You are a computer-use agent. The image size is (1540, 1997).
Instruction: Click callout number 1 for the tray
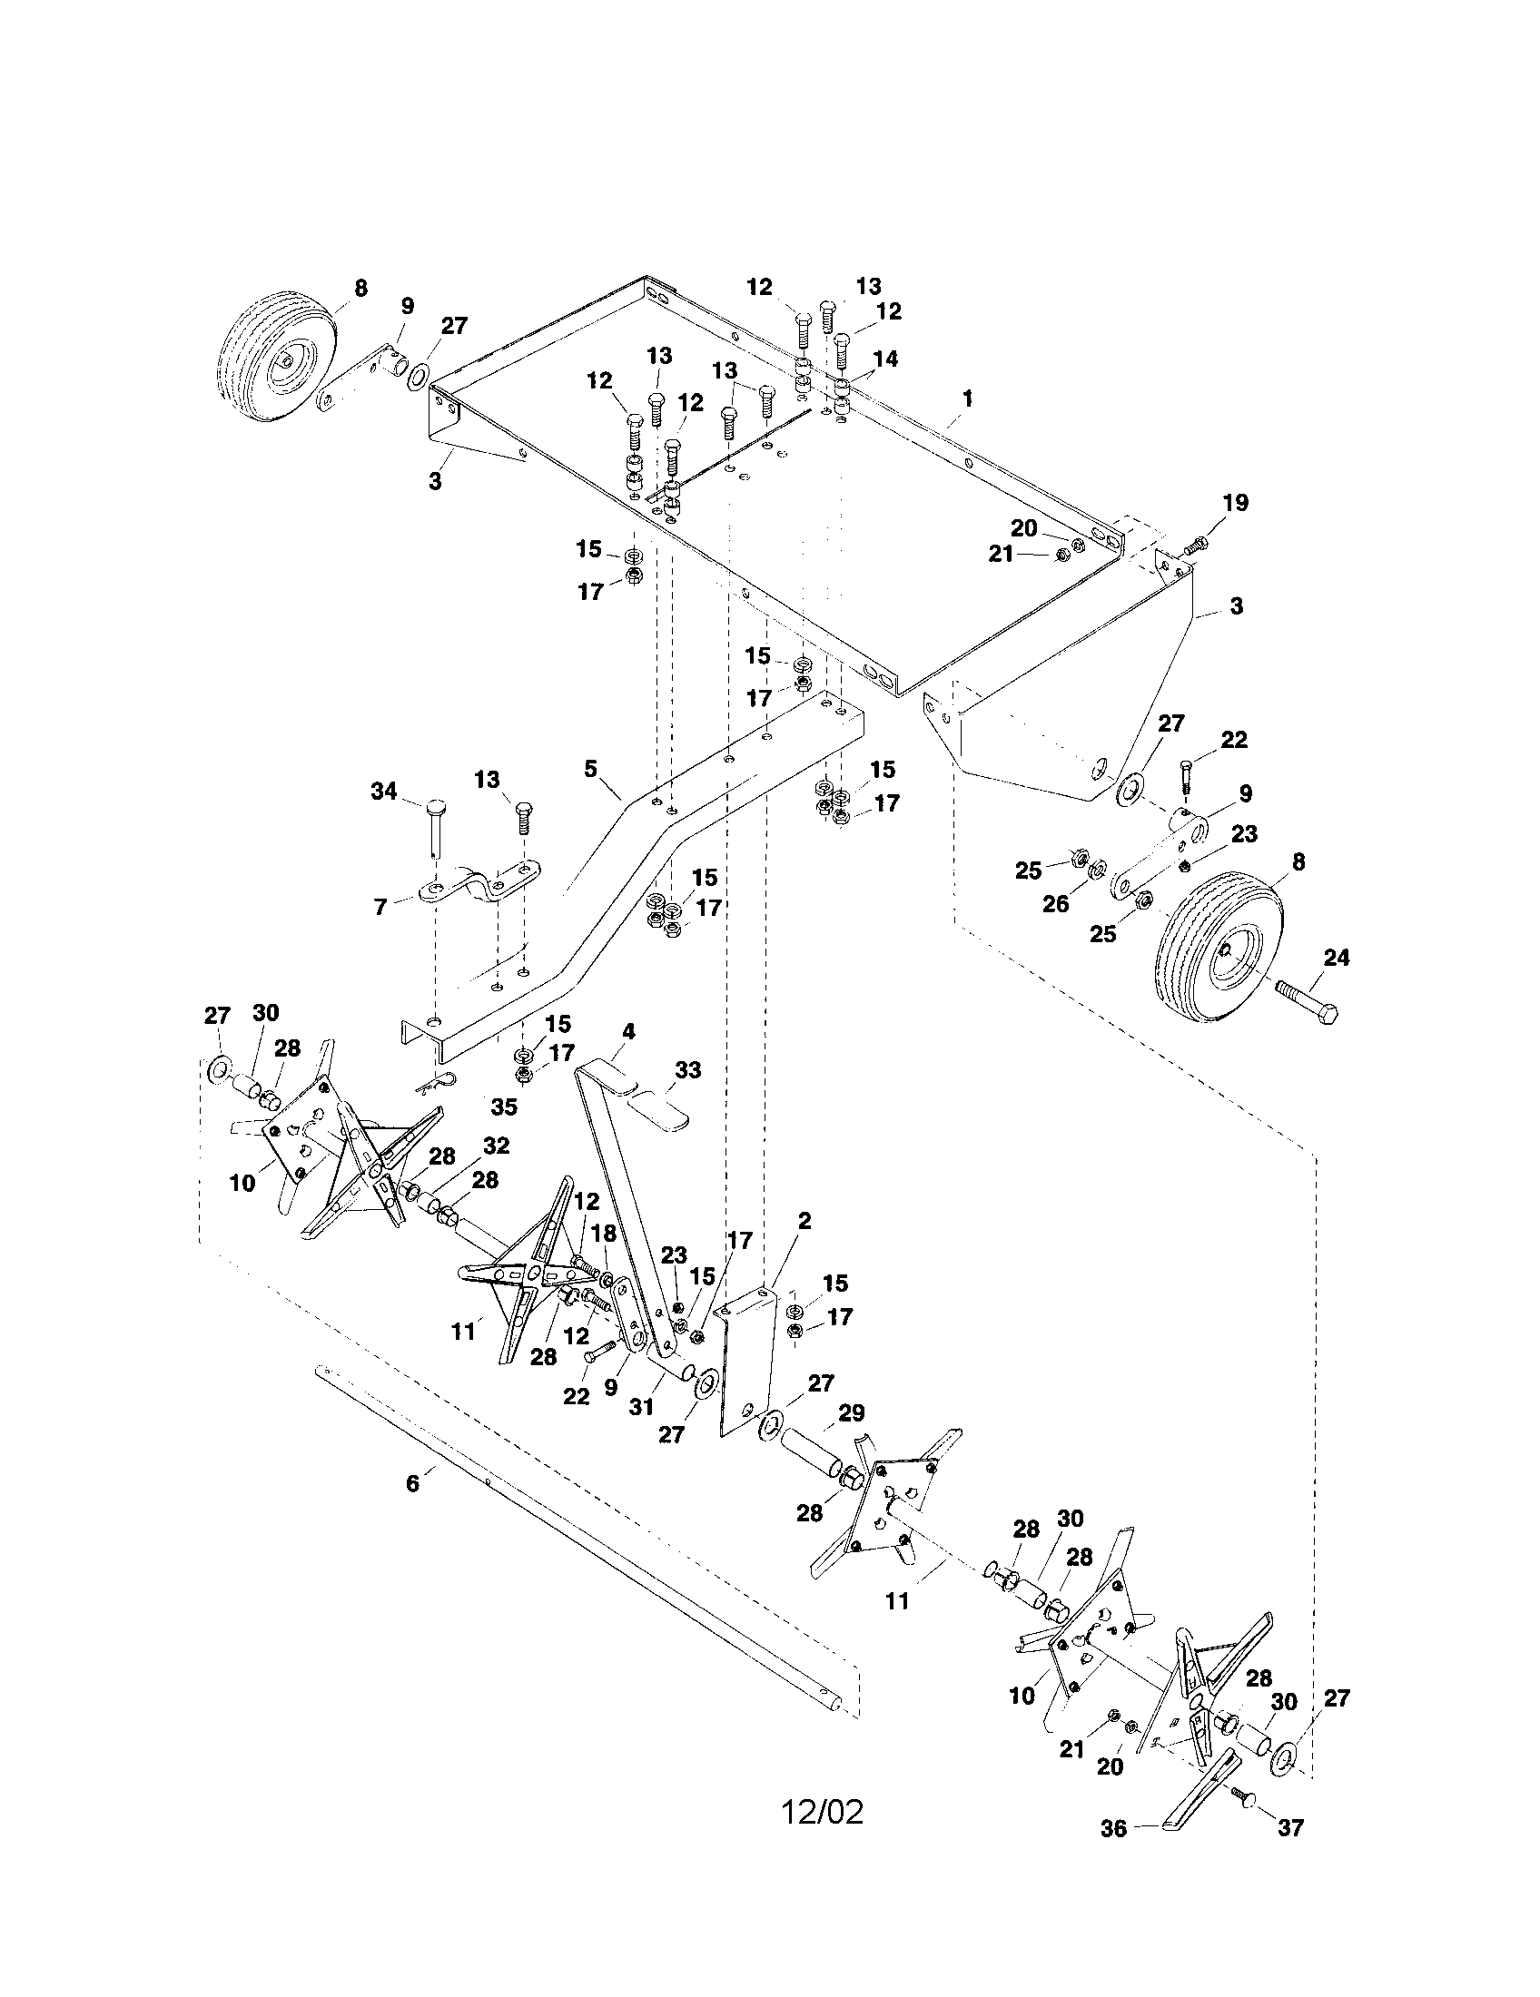968,398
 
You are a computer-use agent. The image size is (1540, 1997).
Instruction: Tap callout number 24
1336,958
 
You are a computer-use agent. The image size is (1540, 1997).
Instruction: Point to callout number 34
384,791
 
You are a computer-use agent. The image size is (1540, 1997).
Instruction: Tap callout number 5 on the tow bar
591,768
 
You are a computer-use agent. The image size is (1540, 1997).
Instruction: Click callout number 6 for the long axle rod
412,1483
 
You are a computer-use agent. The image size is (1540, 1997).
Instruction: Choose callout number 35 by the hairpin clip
504,1107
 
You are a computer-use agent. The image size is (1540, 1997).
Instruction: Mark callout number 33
687,1069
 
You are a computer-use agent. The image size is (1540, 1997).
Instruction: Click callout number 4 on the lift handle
628,1030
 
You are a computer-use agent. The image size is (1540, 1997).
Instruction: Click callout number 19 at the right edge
1236,503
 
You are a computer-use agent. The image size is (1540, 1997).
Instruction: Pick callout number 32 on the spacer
497,1146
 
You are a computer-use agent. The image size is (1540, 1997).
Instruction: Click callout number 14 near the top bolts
885,359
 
